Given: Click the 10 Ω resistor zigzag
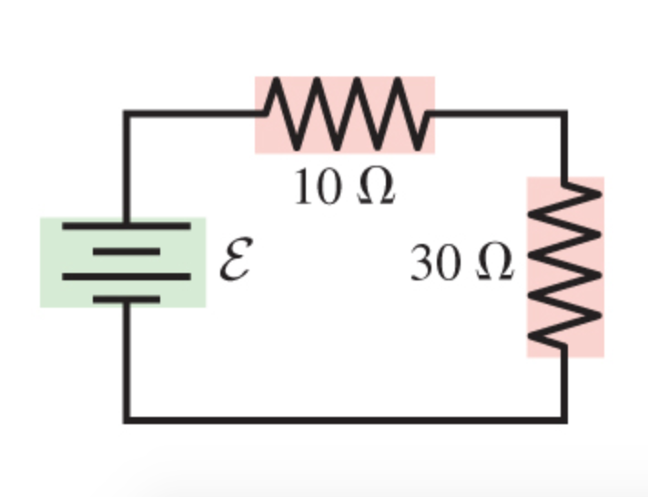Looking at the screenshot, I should (x=345, y=115).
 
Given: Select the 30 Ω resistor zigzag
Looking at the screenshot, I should (x=565, y=266).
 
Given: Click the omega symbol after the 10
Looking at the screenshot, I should (x=373, y=188).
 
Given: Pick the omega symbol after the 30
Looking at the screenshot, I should (x=491, y=263).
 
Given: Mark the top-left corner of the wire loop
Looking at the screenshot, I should (x=127, y=114).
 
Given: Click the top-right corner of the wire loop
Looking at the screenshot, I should (x=565, y=114).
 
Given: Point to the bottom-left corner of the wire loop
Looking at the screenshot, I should (x=127, y=420).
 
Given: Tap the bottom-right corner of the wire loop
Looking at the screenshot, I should (x=565, y=420).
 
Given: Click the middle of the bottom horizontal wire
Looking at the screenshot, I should (x=346, y=420).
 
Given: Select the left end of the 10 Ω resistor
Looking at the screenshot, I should (x=264, y=114).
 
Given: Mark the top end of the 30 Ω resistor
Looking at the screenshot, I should (x=565, y=182).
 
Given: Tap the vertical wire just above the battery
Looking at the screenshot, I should (x=127, y=173).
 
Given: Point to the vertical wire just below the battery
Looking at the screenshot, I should (x=127, y=355).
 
